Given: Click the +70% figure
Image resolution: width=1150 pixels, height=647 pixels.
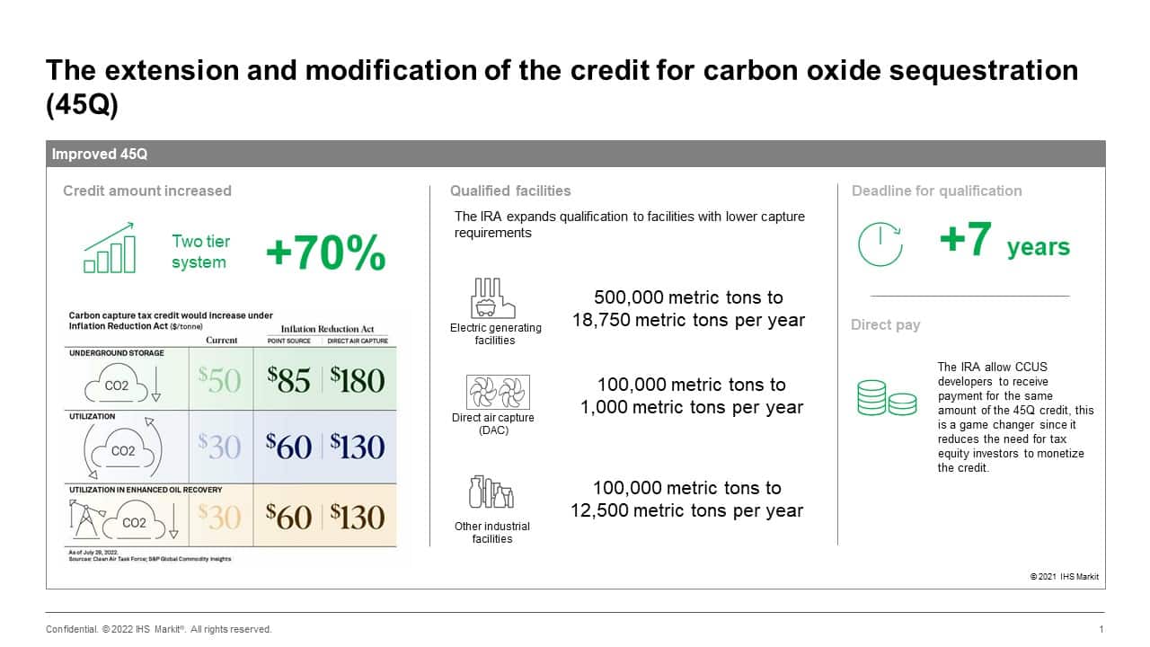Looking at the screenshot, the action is (326, 253).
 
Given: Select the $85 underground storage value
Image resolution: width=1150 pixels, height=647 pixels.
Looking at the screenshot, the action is (288, 380).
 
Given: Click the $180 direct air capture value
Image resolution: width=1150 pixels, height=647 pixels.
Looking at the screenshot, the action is (358, 380).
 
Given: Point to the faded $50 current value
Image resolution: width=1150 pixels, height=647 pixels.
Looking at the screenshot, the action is (220, 380).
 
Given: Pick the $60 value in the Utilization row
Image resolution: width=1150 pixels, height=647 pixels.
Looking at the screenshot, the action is (288, 447).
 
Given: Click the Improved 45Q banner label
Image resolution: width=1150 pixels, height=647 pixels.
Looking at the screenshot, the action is (100, 154).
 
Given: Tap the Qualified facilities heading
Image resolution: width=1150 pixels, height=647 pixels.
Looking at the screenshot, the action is (510, 191).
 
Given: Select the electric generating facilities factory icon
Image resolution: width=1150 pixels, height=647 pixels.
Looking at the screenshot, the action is (493, 297).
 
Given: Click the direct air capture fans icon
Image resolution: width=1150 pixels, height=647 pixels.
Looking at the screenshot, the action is (498, 392).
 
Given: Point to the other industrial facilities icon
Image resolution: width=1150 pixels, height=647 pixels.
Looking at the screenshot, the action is (491, 492).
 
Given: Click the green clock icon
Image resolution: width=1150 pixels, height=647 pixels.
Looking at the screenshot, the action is (880, 244).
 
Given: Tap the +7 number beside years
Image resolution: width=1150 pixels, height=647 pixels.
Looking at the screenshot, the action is (965, 239).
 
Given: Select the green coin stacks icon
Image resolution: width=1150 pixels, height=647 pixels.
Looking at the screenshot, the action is (887, 397).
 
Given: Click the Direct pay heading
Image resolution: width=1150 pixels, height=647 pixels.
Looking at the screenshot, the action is (885, 325).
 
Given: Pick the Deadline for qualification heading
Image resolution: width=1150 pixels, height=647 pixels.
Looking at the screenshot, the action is (936, 191).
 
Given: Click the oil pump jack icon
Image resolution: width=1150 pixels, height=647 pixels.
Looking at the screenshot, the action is (85, 518).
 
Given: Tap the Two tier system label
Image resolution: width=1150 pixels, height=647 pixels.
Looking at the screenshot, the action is (200, 252).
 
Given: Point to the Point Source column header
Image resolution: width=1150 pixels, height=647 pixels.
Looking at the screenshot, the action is (288, 341).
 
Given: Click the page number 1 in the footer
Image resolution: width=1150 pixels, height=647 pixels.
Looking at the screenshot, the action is (1101, 629).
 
